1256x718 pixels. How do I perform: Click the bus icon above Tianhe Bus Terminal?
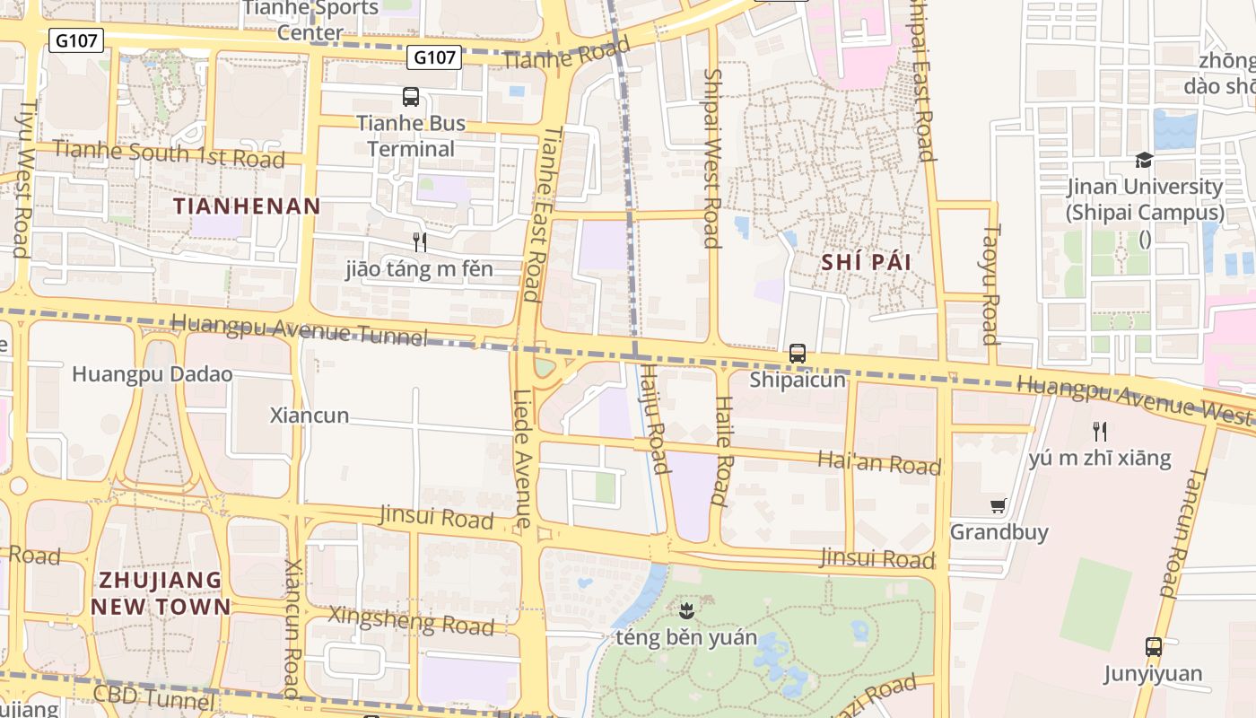click(x=411, y=97)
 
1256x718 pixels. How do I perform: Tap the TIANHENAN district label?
click(x=247, y=206)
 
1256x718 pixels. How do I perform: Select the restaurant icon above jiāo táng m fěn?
click(x=418, y=241)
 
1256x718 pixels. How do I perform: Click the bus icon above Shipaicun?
click(x=798, y=354)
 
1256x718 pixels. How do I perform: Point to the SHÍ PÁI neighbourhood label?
click(x=866, y=262)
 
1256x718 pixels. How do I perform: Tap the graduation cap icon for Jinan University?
click(x=1144, y=161)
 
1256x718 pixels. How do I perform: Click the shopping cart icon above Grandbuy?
click(x=999, y=506)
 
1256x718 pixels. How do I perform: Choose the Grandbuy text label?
click(x=999, y=532)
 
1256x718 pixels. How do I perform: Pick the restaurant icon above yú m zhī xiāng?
click(x=1100, y=431)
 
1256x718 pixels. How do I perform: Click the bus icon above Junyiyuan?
click(x=1154, y=646)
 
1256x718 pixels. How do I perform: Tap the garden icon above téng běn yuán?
click(x=686, y=612)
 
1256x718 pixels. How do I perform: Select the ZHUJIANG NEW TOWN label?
click(x=161, y=592)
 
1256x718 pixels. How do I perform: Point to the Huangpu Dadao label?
click(x=153, y=374)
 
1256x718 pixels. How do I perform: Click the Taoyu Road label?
click(x=990, y=284)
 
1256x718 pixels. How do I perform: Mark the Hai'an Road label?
click(x=879, y=463)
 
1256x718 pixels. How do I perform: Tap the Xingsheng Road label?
click(x=411, y=620)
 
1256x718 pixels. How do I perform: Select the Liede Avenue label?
click(x=523, y=458)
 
